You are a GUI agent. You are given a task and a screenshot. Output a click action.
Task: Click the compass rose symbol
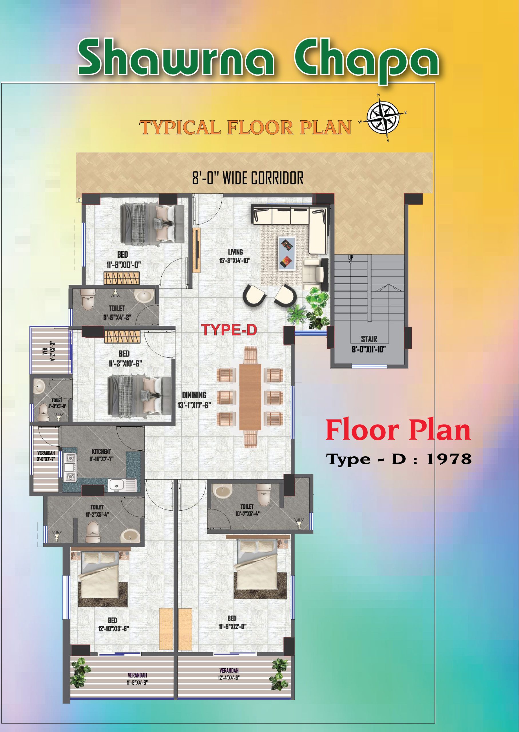click(x=383, y=118)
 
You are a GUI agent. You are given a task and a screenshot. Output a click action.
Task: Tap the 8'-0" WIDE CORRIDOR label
click(x=248, y=178)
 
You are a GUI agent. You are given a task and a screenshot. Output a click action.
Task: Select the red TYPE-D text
click(x=229, y=330)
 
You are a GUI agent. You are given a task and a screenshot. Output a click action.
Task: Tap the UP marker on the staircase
click(x=350, y=257)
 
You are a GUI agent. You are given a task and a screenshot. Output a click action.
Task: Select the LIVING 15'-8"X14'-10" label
click(x=235, y=256)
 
